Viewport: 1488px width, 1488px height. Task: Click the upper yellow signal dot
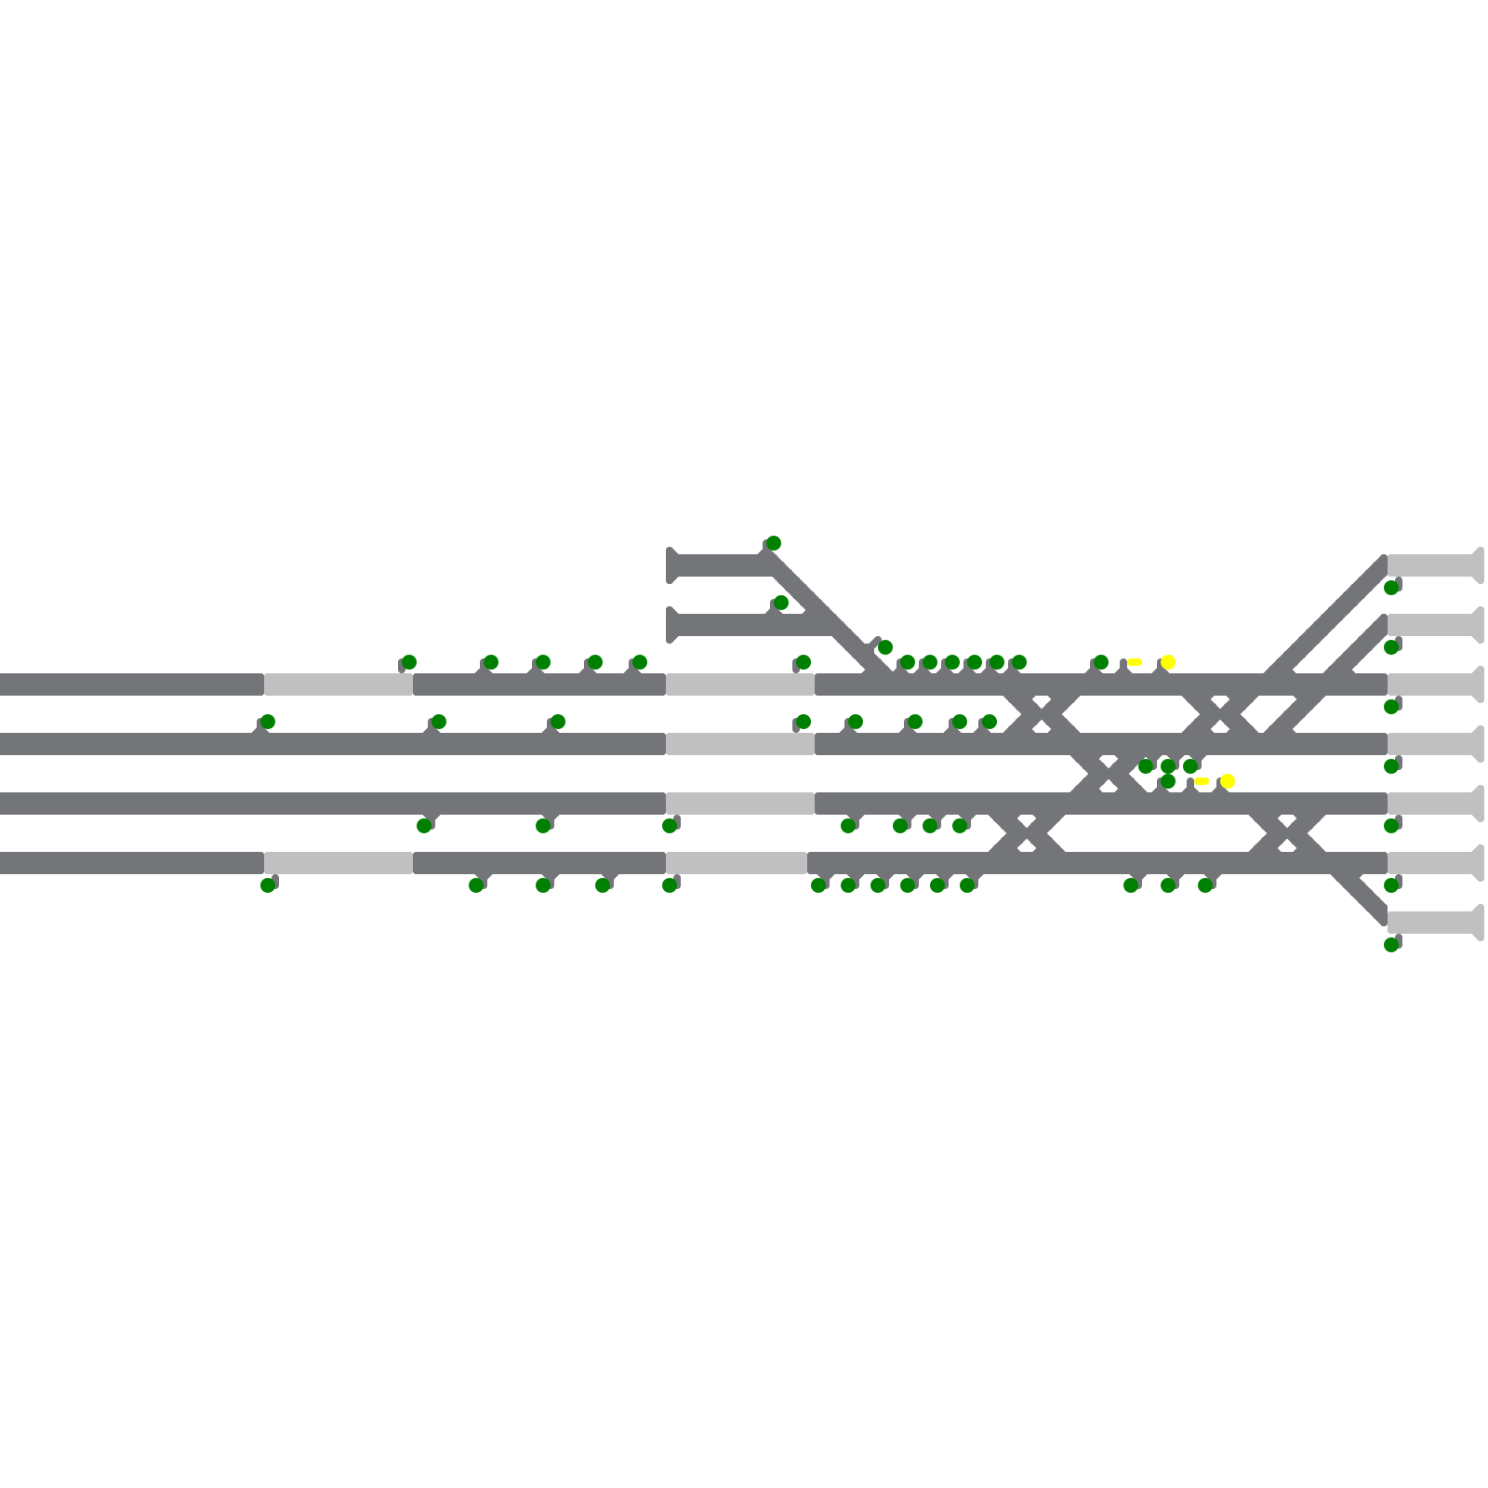click(1168, 662)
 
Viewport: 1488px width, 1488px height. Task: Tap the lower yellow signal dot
click(1228, 781)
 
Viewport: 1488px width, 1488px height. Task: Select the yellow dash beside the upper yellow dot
click(1135, 662)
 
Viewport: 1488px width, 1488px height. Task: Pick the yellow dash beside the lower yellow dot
click(1202, 781)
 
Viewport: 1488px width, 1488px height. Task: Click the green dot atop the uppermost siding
click(774, 543)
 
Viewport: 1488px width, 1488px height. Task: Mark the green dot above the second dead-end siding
click(781, 603)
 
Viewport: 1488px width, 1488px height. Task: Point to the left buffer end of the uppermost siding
click(671, 565)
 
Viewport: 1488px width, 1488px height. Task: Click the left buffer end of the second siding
click(671, 625)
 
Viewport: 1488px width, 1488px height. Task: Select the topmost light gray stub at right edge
click(1432, 565)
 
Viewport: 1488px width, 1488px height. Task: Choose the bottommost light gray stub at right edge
click(1432, 923)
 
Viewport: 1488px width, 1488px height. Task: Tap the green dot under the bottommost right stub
click(1391, 945)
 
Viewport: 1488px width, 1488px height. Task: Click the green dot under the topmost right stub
click(1391, 588)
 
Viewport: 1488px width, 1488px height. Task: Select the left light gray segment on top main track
click(339, 684)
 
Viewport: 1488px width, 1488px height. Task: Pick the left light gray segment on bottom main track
click(339, 863)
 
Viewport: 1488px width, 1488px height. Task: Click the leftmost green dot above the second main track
click(268, 722)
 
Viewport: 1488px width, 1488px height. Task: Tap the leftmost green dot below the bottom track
click(268, 885)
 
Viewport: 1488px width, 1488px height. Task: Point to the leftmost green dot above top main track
click(409, 662)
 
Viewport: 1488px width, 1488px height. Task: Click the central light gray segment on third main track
click(740, 804)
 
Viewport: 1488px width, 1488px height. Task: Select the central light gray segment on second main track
click(740, 744)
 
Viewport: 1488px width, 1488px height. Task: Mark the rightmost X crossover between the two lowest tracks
click(1287, 833)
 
